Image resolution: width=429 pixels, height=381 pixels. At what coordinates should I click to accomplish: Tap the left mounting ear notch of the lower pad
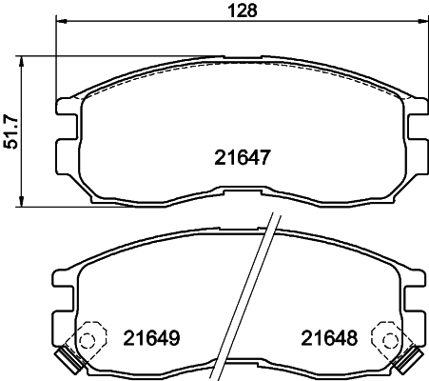pos(60,287)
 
